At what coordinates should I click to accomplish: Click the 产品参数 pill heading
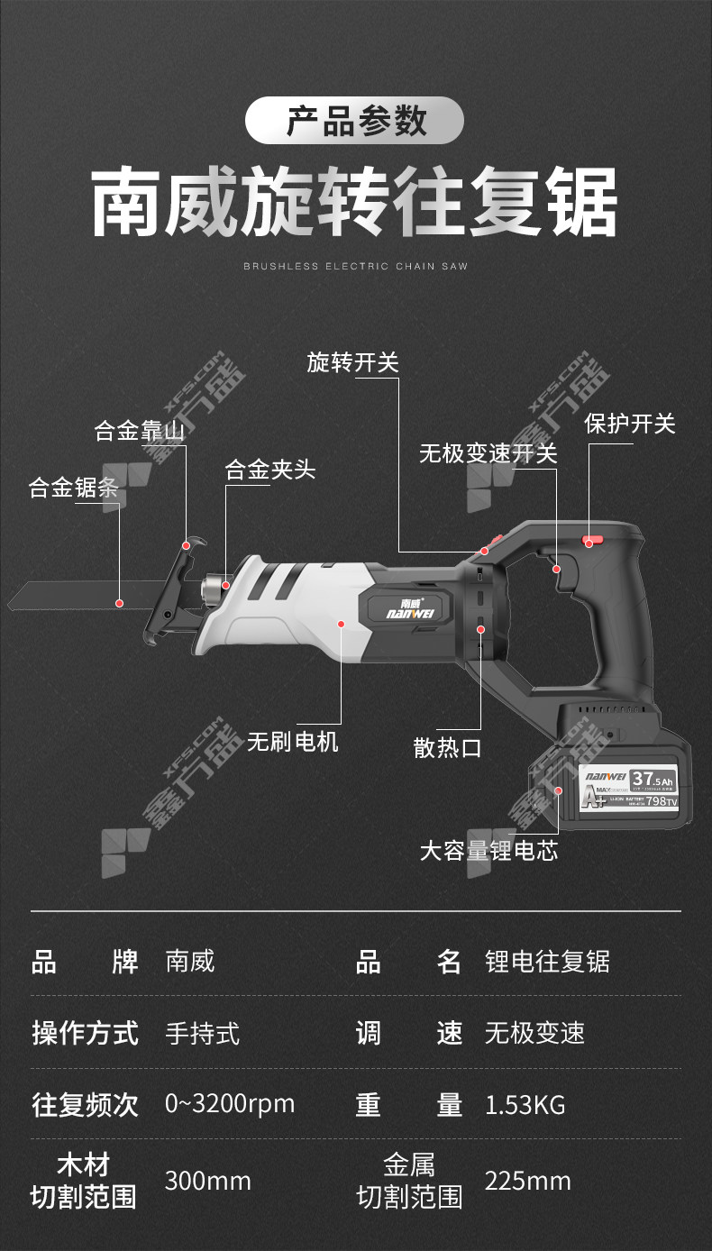(x=355, y=121)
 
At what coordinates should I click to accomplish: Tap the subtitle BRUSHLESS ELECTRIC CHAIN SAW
(x=355, y=266)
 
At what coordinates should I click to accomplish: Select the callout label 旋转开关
(x=352, y=362)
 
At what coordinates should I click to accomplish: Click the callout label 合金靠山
(x=140, y=431)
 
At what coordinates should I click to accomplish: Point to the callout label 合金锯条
(x=74, y=488)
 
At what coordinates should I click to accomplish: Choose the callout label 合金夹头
(x=269, y=469)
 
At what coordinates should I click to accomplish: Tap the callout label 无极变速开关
(x=488, y=453)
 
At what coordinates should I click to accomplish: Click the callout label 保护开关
(x=630, y=423)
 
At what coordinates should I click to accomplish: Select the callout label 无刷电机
(x=293, y=742)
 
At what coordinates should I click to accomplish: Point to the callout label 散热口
(x=448, y=747)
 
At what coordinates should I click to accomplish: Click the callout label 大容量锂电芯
(x=489, y=850)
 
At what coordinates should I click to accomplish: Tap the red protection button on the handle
(x=591, y=541)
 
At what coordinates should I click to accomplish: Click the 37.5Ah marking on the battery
(x=653, y=778)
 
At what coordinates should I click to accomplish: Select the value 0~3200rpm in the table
(x=230, y=1104)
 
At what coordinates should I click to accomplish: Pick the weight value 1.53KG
(x=525, y=1104)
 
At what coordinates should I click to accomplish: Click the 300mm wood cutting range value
(x=207, y=1181)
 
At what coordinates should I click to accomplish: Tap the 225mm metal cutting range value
(x=527, y=1181)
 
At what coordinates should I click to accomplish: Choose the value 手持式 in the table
(x=203, y=1033)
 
